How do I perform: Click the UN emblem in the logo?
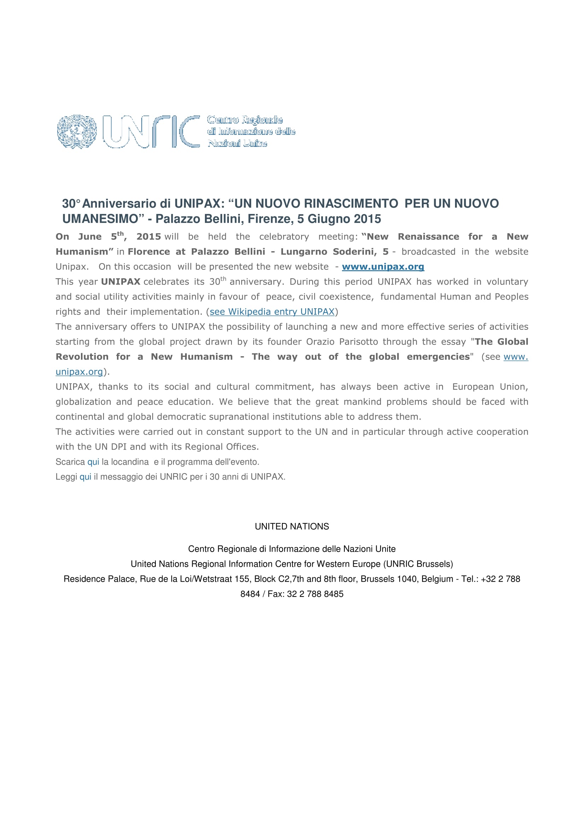pos(77,132)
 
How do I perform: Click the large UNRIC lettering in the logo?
pos(151,132)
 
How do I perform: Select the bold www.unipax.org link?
pos(383,267)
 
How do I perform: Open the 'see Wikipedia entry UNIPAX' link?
pos(272,311)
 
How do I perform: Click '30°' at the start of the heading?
pos(71,204)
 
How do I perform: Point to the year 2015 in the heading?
pos(367,219)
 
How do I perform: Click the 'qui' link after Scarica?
pos(93,462)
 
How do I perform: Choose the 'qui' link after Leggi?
pos(85,477)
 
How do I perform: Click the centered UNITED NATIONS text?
pos(292,526)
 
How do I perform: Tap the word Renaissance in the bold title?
pos(428,237)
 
